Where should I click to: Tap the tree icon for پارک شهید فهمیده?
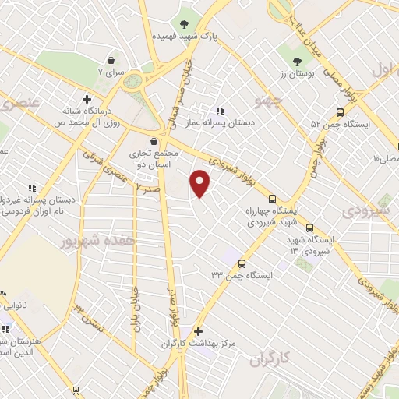coord(185,24)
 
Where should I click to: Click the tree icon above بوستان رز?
coord(296,62)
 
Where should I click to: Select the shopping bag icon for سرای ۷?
coord(113,60)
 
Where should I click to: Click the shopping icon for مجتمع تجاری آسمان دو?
coord(154,141)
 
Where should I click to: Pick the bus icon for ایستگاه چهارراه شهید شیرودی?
coord(272,198)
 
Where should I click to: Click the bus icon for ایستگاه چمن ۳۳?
coord(242,263)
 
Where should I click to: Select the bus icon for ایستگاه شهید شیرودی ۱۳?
coord(310,228)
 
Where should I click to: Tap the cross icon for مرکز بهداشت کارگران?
coord(198,330)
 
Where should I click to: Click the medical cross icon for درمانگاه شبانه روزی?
coord(86,99)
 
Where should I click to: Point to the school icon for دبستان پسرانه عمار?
coord(221,111)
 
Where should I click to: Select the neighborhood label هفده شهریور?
coord(98,242)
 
